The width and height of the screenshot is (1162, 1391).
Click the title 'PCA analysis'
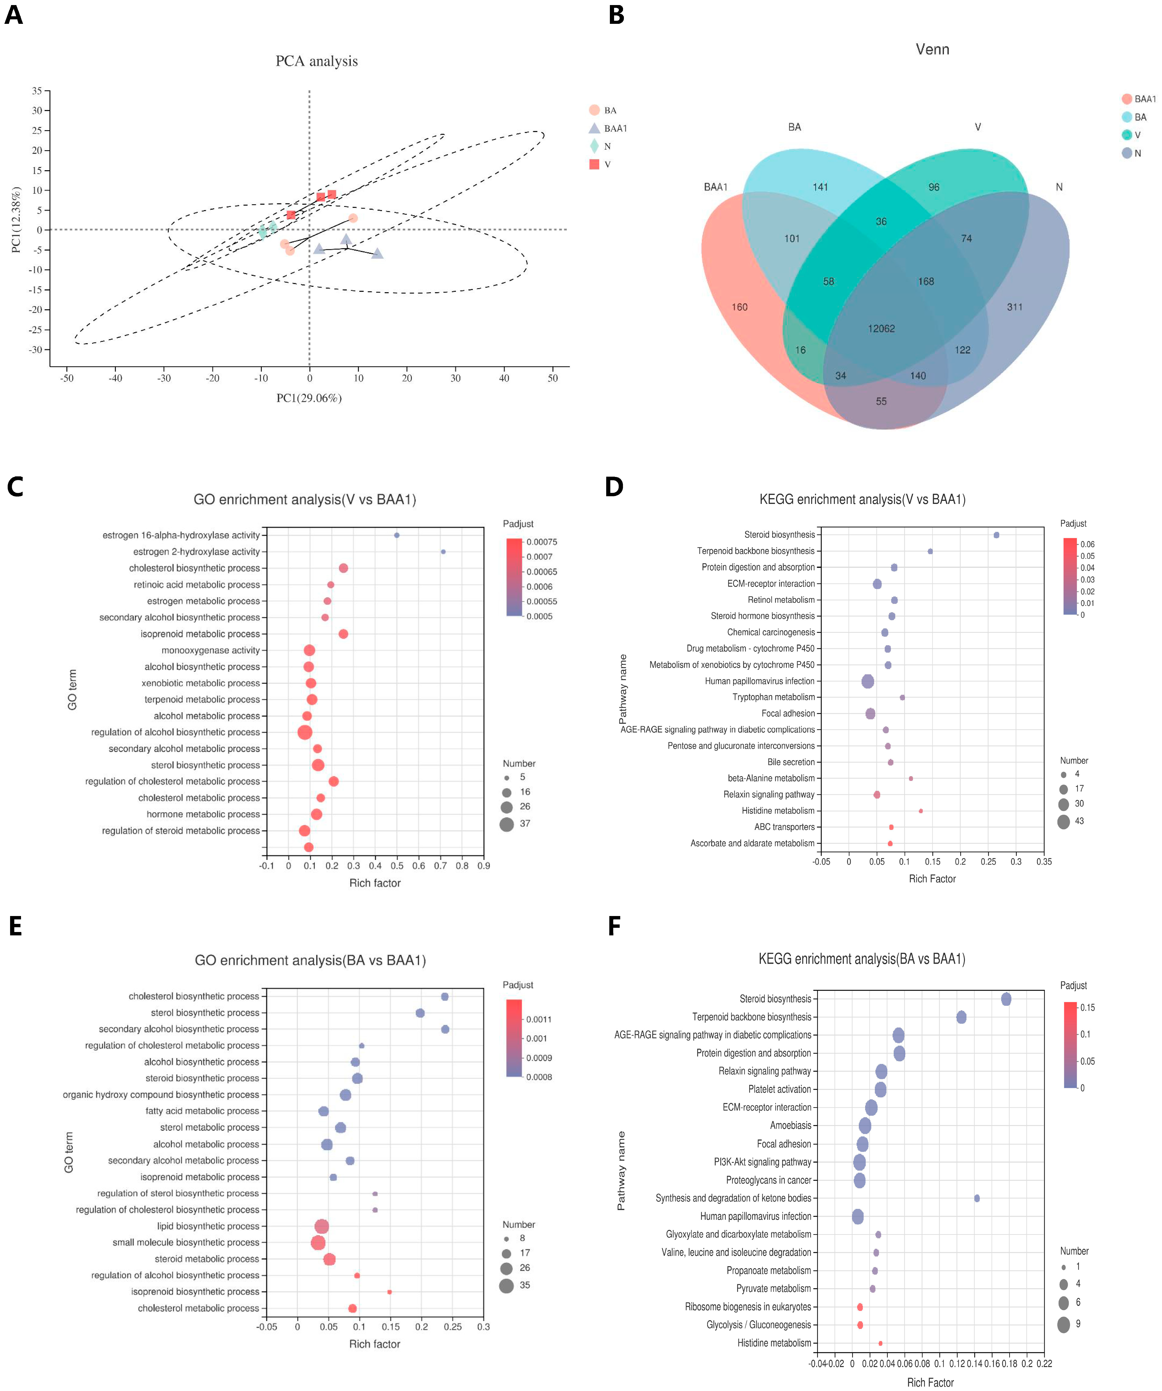coord(316,61)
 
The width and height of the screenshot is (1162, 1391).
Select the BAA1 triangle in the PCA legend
coord(594,128)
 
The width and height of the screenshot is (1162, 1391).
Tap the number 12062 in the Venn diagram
coord(881,329)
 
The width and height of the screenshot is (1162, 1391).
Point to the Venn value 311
coord(1014,307)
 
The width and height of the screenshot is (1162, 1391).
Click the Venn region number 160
coord(740,307)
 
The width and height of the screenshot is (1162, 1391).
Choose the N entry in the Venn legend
coord(1127,153)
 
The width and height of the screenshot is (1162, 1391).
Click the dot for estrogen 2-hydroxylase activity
coord(443,552)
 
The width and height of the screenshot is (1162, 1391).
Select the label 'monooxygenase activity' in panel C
coord(210,650)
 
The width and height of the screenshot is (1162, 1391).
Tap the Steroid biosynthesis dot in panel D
coord(996,535)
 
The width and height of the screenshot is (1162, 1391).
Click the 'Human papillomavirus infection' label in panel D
coord(760,681)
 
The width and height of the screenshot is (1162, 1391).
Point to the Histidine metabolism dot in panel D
coord(920,811)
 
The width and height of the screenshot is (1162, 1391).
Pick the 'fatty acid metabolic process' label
coord(202,1111)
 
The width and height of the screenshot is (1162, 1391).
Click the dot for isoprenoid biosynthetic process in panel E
coord(389,1292)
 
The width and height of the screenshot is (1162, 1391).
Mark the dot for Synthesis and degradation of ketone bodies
coord(977,1198)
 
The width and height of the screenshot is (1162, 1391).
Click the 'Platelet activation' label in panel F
coord(779,1089)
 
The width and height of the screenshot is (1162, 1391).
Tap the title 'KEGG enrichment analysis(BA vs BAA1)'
coord(861,959)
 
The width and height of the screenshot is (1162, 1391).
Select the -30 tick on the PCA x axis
coord(164,378)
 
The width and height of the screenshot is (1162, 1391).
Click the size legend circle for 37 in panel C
coord(506,824)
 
